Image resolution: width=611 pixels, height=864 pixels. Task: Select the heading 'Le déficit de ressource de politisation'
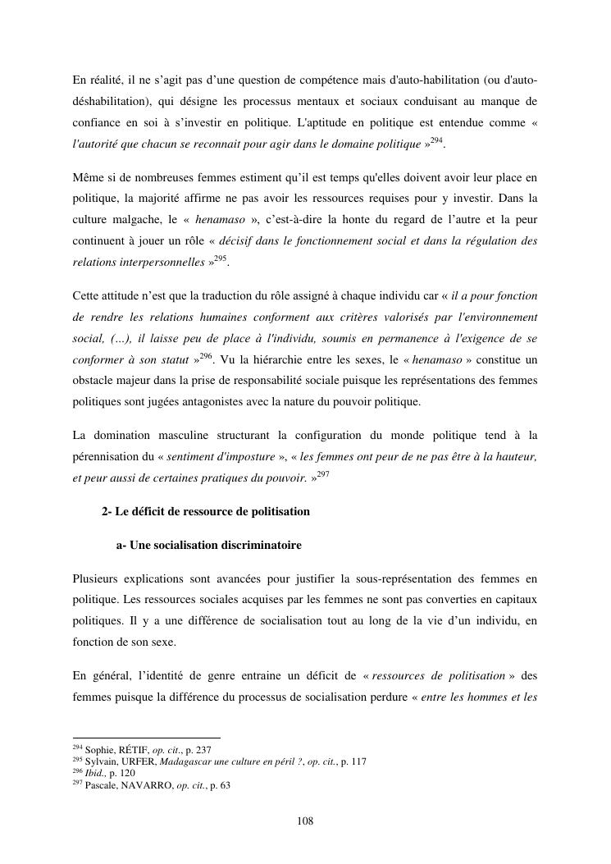click(x=212, y=511)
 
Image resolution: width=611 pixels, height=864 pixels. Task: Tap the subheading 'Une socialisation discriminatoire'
click(x=216, y=545)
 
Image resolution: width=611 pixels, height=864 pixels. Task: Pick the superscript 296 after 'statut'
click(x=205, y=355)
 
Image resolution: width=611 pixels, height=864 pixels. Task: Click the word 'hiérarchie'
click(x=284, y=359)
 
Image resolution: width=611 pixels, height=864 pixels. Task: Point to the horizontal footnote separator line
click(x=147, y=738)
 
